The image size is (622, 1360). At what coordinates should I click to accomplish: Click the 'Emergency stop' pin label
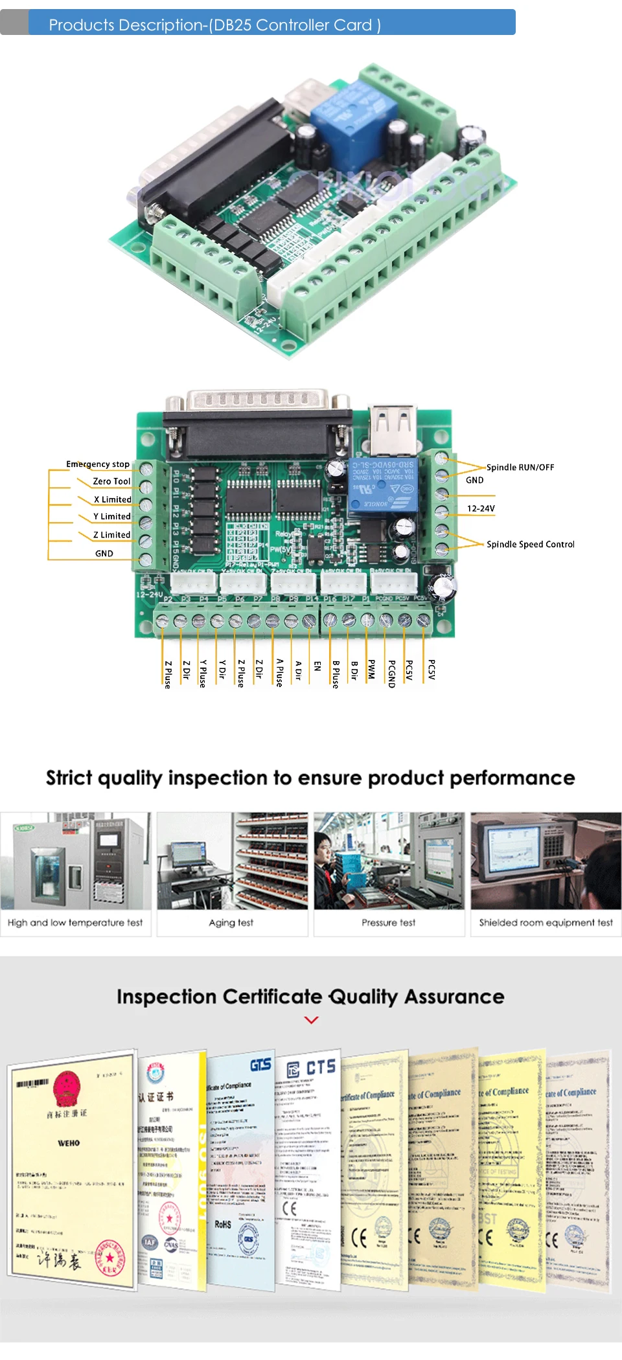[x=97, y=464]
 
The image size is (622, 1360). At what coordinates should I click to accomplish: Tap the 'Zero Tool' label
[x=111, y=481]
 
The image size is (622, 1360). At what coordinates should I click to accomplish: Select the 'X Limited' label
[x=112, y=499]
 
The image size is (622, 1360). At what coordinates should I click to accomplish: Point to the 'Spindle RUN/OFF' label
[x=520, y=467]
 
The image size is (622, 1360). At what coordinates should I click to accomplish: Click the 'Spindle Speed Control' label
[x=530, y=544]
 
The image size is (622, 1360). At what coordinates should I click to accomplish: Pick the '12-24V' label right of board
[x=481, y=508]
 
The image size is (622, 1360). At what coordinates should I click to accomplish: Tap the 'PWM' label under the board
[x=372, y=670]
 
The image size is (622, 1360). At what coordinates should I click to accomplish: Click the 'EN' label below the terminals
[x=317, y=666]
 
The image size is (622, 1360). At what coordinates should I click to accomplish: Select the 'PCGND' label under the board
[x=391, y=674]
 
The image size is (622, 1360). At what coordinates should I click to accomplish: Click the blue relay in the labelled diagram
[x=382, y=486]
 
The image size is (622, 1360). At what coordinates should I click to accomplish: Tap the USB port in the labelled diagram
[x=393, y=429]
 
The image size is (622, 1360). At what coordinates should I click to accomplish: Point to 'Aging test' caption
[x=231, y=922]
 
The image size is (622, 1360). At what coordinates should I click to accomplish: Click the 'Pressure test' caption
[x=389, y=922]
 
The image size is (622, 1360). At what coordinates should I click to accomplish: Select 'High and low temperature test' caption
[x=75, y=922]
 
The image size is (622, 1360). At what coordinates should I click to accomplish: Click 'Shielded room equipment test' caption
[x=546, y=922]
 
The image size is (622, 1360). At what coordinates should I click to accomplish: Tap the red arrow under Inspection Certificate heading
[x=311, y=1020]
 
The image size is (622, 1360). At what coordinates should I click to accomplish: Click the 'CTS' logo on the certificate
[x=320, y=1067]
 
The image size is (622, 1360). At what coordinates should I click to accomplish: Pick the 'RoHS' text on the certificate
[x=223, y=1224]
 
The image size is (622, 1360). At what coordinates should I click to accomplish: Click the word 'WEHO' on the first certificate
[x=69, y=1143]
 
